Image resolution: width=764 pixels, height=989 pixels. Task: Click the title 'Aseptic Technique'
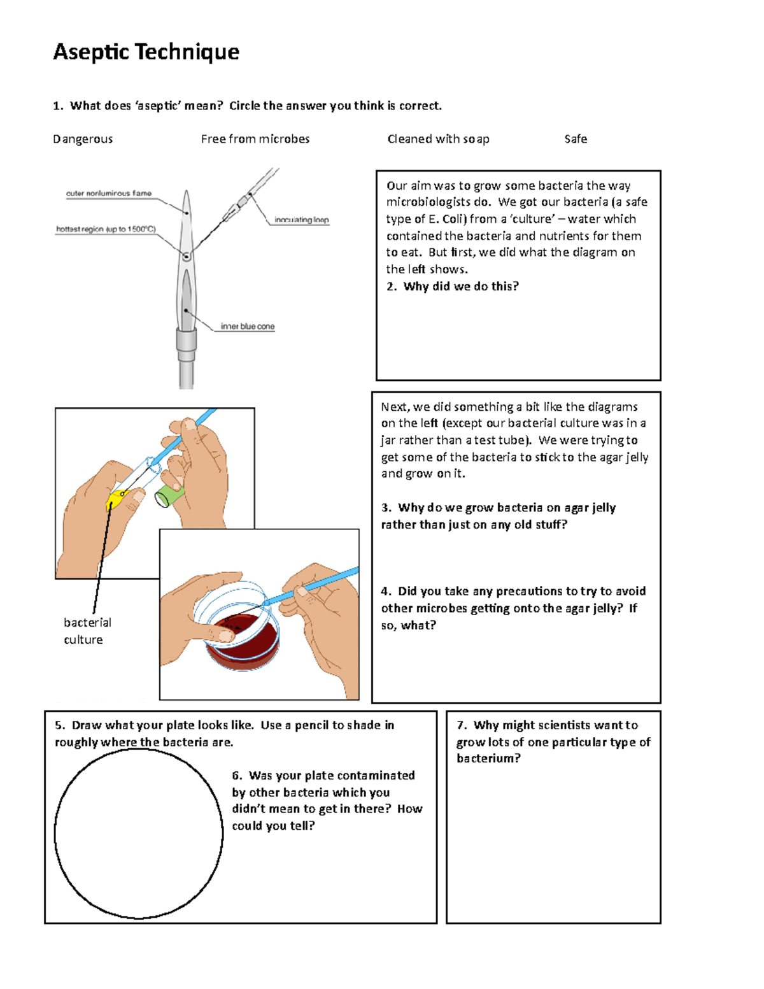pos(146,52)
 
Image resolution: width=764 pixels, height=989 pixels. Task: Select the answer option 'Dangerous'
pos(83,139)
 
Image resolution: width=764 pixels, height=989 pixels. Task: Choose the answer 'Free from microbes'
pos(255,139)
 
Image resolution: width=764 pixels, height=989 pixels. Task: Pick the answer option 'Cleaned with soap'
pos(438,139)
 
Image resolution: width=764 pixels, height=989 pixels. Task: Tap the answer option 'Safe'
pos(576,139)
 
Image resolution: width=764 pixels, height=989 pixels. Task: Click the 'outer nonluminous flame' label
pos(109,193)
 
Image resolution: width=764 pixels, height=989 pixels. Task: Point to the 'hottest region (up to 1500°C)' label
pos(106,229)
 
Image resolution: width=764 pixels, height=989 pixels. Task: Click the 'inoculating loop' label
pos(301,220)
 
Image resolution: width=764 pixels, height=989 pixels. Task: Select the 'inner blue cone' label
pos(248,326)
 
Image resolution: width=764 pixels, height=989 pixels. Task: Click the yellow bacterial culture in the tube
pos(117,499)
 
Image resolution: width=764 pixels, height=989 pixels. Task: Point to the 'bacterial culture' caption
pos(87,630)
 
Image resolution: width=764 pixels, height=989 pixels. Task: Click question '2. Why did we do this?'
pos(453,287)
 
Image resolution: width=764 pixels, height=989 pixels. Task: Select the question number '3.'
pos(386,508)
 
